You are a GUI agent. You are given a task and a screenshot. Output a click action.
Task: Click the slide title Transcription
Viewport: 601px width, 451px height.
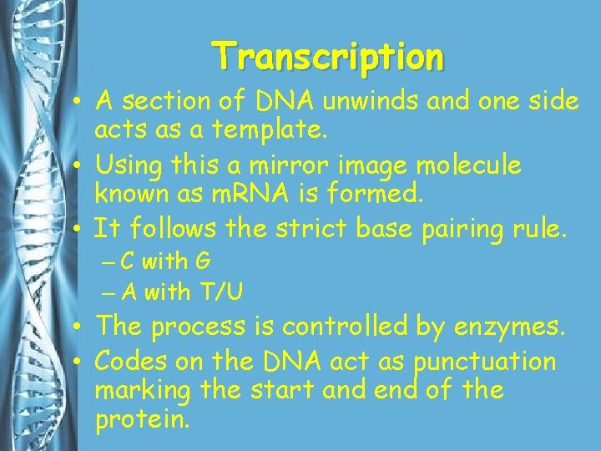(x=328, y=57)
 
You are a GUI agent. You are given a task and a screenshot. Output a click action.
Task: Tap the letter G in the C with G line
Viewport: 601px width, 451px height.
(x=202, y=262)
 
